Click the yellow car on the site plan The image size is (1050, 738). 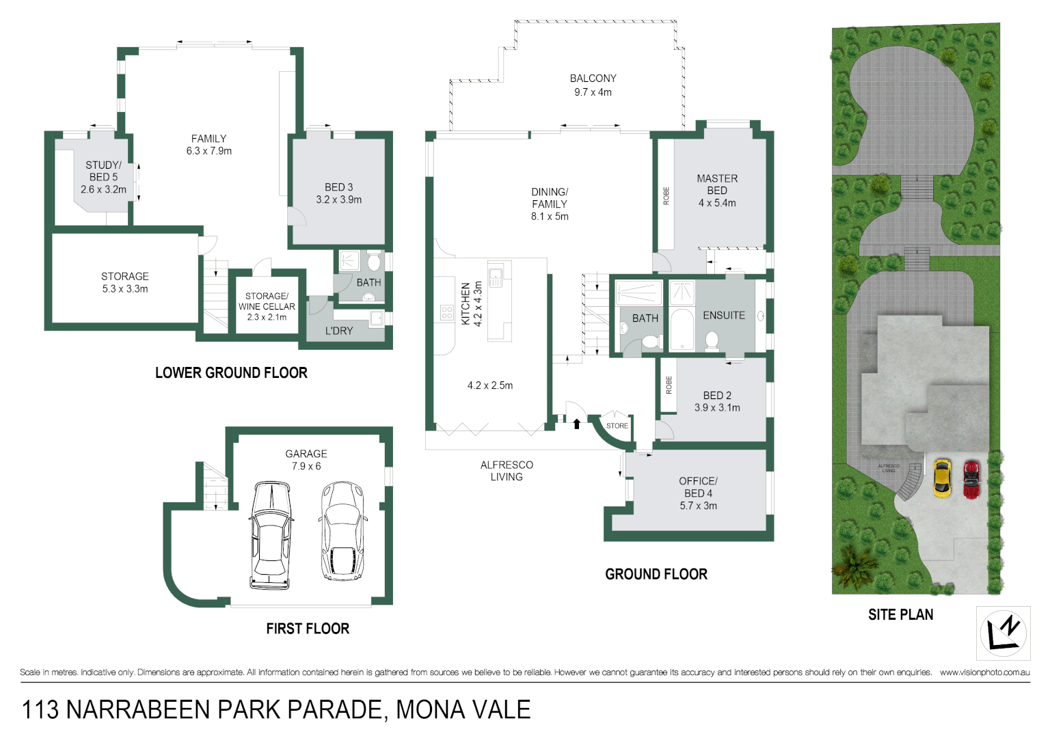click(x=941, y=478)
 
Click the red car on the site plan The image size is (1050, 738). click(x=971, y=479)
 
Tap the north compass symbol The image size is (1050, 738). click(x=1003, y=633)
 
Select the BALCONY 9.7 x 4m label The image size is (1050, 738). click(x=593, y=85)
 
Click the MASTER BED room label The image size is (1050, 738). click(x=717, y=184)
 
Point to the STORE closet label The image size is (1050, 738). click(x=617, y=426)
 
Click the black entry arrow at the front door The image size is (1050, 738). click(x=576, y=424)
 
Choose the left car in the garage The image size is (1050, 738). click(x=271, y=535)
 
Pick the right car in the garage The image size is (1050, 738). click(x=342, y=531)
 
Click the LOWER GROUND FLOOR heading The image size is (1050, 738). click(x=231, y=373)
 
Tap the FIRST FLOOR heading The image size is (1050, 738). click(x=308, y=629)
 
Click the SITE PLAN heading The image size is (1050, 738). click(x=900, y=615)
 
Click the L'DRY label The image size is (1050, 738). click(x=339, y=331)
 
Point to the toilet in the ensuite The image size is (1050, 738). click(x=712, y=340)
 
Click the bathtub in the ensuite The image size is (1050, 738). click(x=681, y=331)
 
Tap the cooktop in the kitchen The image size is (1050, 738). click(x=447, y=313)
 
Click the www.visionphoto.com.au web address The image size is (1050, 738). click(x=984, y=672)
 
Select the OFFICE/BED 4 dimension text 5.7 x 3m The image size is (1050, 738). click(x=698, y=506)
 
